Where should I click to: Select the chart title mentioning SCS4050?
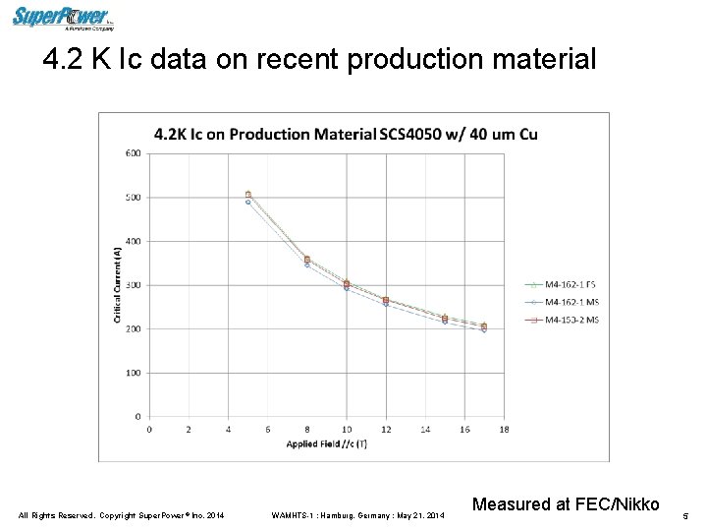point(346,134)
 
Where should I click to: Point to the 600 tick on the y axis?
point(133,152)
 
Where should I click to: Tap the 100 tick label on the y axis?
point(133,373)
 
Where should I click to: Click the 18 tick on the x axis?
point(504,429)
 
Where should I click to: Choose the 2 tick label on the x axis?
point(189,429)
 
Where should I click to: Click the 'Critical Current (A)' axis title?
point(118,284)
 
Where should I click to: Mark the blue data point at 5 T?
point(248,202)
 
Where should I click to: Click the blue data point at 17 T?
point(484,329)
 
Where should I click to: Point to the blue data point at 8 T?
point(307,265)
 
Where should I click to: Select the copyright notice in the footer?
point(122,515)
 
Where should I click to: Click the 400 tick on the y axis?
point(133,241)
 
